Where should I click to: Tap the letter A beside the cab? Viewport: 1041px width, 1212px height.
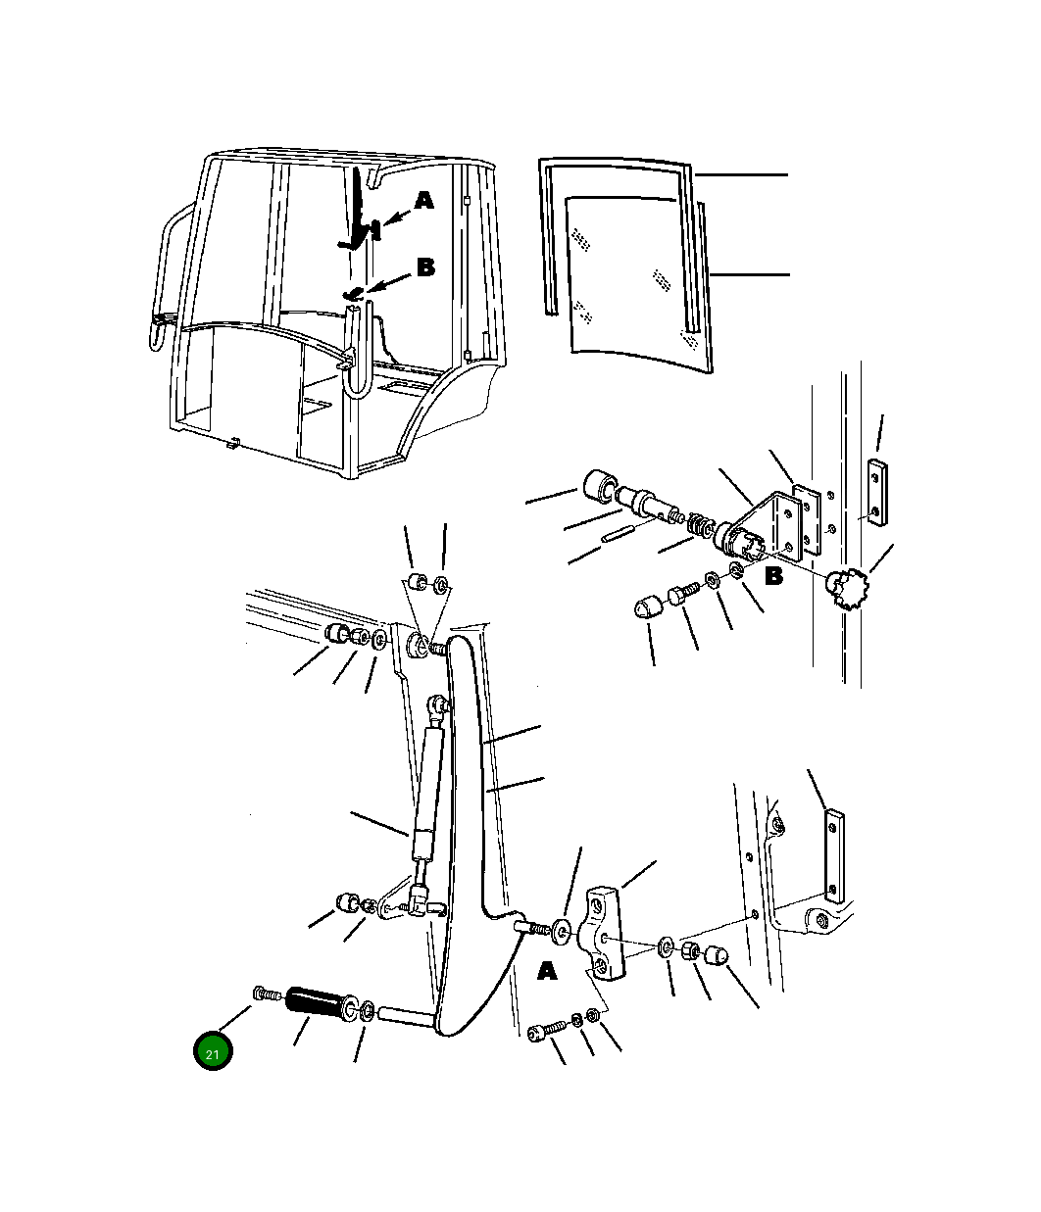[x=423, y=201]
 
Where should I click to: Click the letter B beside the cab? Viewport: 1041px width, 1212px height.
[x=425, y=267]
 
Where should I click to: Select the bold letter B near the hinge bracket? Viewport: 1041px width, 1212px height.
[x=773, y=577]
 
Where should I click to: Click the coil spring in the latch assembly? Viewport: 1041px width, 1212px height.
[x=699, y=526]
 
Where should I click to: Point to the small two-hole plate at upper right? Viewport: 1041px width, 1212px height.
[x=876, y=493]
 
